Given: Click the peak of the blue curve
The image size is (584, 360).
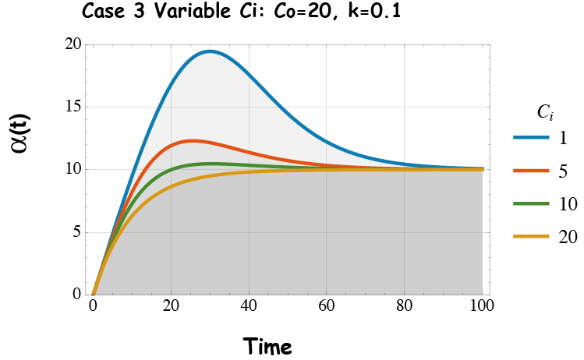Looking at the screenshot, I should click(210, 51).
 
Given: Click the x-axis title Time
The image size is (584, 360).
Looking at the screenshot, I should click(267, 344).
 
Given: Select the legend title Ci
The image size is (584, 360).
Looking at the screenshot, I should click(545, 113).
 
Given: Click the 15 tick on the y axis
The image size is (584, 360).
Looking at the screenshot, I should click(73, 107).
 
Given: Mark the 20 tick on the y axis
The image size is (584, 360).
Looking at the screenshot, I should click(73, 44).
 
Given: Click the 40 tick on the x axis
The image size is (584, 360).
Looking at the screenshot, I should click(249, 306).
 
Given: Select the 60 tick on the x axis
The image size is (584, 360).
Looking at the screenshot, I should click(327, 306).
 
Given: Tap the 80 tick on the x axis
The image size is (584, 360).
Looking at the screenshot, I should click(405, 306).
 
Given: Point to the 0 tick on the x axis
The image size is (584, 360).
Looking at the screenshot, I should click(93, 306).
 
